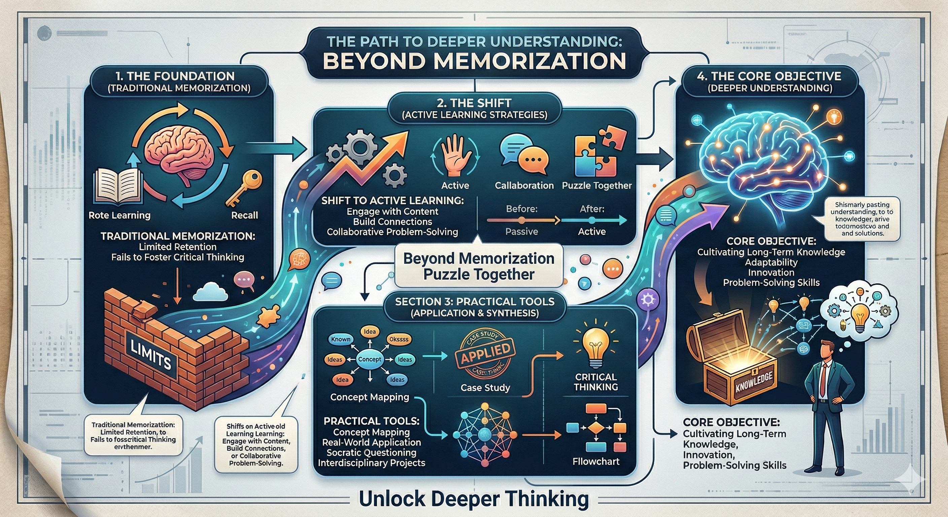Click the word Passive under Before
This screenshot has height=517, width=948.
pyautogui.click(x=521, y=232)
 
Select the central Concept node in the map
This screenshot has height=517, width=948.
pyautogui.click(x=370, y=359)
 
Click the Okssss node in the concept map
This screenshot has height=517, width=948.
pyautogui.click(x=399, y=339)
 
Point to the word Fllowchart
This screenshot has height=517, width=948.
pyautogui.click(x=596, y=461)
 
